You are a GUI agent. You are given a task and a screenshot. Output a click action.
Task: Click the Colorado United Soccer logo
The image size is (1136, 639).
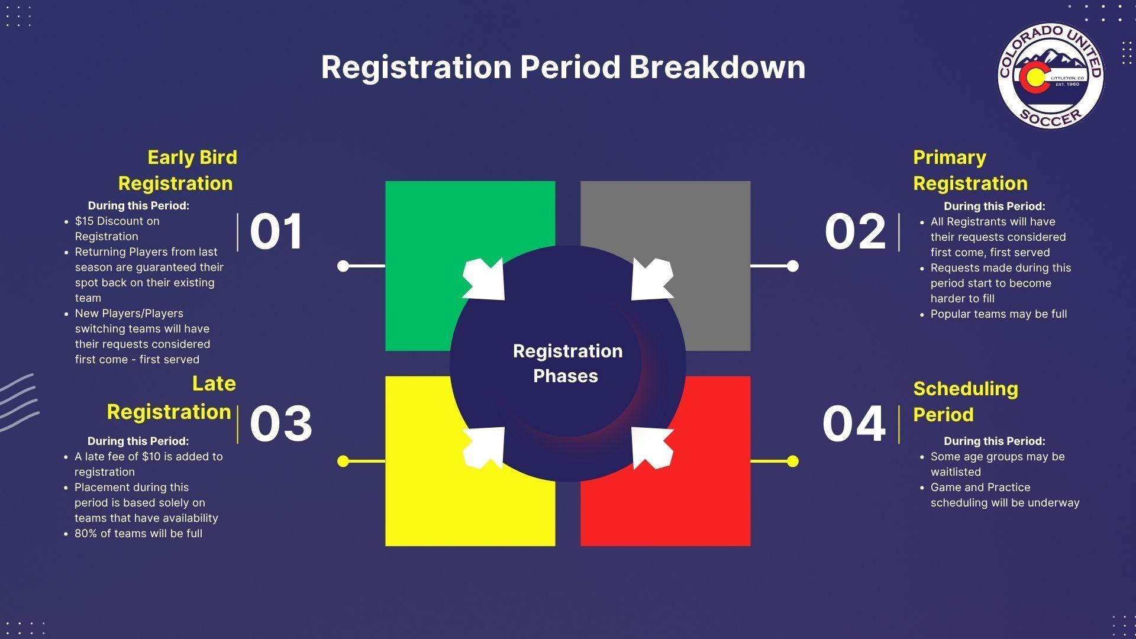coord(1051,76)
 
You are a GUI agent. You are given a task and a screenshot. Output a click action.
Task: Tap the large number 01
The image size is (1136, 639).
coord(276,231)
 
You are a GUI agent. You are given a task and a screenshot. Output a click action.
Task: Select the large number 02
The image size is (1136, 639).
coord(856,231)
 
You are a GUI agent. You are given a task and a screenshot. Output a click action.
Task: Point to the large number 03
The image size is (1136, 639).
coord(281,424)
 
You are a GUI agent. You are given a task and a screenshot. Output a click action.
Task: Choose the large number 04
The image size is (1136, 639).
coord(854,424)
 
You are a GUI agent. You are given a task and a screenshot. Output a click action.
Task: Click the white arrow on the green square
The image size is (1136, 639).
coord(484,279)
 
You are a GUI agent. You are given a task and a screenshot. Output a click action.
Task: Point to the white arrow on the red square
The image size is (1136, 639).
coord(652,448)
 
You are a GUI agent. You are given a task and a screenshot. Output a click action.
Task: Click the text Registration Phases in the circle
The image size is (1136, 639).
coord(567,363)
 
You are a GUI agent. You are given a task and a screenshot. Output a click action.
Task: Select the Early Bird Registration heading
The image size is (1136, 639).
coord(177,170)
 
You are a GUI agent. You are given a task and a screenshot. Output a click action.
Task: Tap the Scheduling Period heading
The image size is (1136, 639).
coord(966,402)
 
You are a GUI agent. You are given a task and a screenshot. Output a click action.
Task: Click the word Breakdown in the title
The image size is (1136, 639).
coord(717,66)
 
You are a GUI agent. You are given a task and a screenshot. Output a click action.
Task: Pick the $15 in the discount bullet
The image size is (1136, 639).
coord(84,221)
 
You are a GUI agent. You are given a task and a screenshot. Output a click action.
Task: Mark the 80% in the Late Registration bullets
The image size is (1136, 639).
coord(86,534)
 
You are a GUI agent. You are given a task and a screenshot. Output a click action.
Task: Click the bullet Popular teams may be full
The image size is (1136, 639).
coord(999,314)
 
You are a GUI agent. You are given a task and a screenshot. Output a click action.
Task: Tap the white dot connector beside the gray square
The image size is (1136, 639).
coord(792,266)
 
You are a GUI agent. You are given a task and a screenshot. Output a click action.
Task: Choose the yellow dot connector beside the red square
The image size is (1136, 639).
coord(792,461)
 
